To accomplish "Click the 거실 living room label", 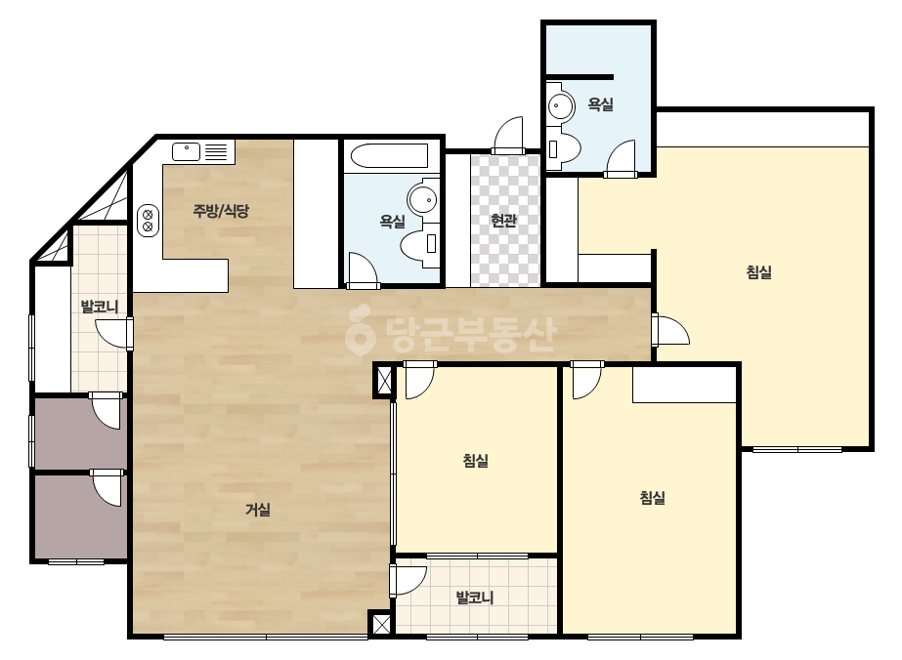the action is [258, 510].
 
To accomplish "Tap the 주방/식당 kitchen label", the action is [221, 211].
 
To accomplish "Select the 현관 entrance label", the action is [504, 221].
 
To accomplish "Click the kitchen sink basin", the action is [186, 151].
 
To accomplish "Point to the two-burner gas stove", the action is [148, 221].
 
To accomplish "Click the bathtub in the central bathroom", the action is [390, 156].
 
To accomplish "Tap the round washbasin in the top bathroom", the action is [561, 106].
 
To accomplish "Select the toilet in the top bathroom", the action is [563, 149].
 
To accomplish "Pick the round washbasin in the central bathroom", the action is [424, 198].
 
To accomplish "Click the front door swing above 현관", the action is [508, 136].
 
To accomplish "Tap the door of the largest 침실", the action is [670, 330].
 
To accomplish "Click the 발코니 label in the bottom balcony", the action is [475, 598].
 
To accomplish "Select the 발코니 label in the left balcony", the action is [99, 307].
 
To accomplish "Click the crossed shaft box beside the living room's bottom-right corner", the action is [381, 624].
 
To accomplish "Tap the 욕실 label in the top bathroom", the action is [601, 104].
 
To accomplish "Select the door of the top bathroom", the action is [621, 158].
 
